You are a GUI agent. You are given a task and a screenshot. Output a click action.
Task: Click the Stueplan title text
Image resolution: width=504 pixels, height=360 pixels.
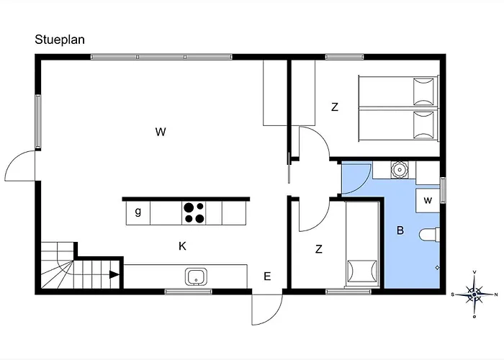[60, 40]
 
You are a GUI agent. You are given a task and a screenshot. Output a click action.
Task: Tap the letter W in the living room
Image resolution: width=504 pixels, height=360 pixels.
[161, 132]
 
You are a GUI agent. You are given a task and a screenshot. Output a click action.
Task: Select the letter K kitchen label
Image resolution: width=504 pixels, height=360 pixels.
[182, 246]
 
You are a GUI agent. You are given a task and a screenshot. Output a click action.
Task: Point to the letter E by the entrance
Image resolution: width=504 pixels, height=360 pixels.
[267, 276]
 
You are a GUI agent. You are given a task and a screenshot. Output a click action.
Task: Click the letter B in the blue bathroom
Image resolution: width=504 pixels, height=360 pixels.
[400, 230]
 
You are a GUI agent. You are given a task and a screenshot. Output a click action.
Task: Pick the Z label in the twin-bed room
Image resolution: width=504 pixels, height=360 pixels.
[335, 107]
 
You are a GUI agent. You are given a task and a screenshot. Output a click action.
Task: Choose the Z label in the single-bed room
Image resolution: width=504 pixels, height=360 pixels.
[318, 249]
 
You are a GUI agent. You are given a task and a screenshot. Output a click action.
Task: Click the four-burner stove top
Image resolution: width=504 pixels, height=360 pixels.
[194, 213]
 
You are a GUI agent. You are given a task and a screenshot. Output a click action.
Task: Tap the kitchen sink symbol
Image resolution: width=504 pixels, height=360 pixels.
[196, 277]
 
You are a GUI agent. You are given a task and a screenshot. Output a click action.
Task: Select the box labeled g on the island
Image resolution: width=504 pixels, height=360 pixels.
[138, 213]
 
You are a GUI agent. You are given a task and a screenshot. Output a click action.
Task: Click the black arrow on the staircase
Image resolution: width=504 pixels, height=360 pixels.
[114, 274]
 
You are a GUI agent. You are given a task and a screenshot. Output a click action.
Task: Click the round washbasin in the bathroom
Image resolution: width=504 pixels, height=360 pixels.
[399, 170]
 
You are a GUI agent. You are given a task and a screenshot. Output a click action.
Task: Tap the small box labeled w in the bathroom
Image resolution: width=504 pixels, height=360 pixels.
[428, 201]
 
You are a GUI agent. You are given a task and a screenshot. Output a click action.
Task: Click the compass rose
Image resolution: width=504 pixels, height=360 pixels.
[474, 294]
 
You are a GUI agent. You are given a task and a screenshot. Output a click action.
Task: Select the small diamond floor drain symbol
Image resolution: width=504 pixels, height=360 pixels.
[437, 267]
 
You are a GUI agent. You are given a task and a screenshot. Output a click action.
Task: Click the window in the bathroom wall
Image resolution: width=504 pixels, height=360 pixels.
[443, 190]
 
